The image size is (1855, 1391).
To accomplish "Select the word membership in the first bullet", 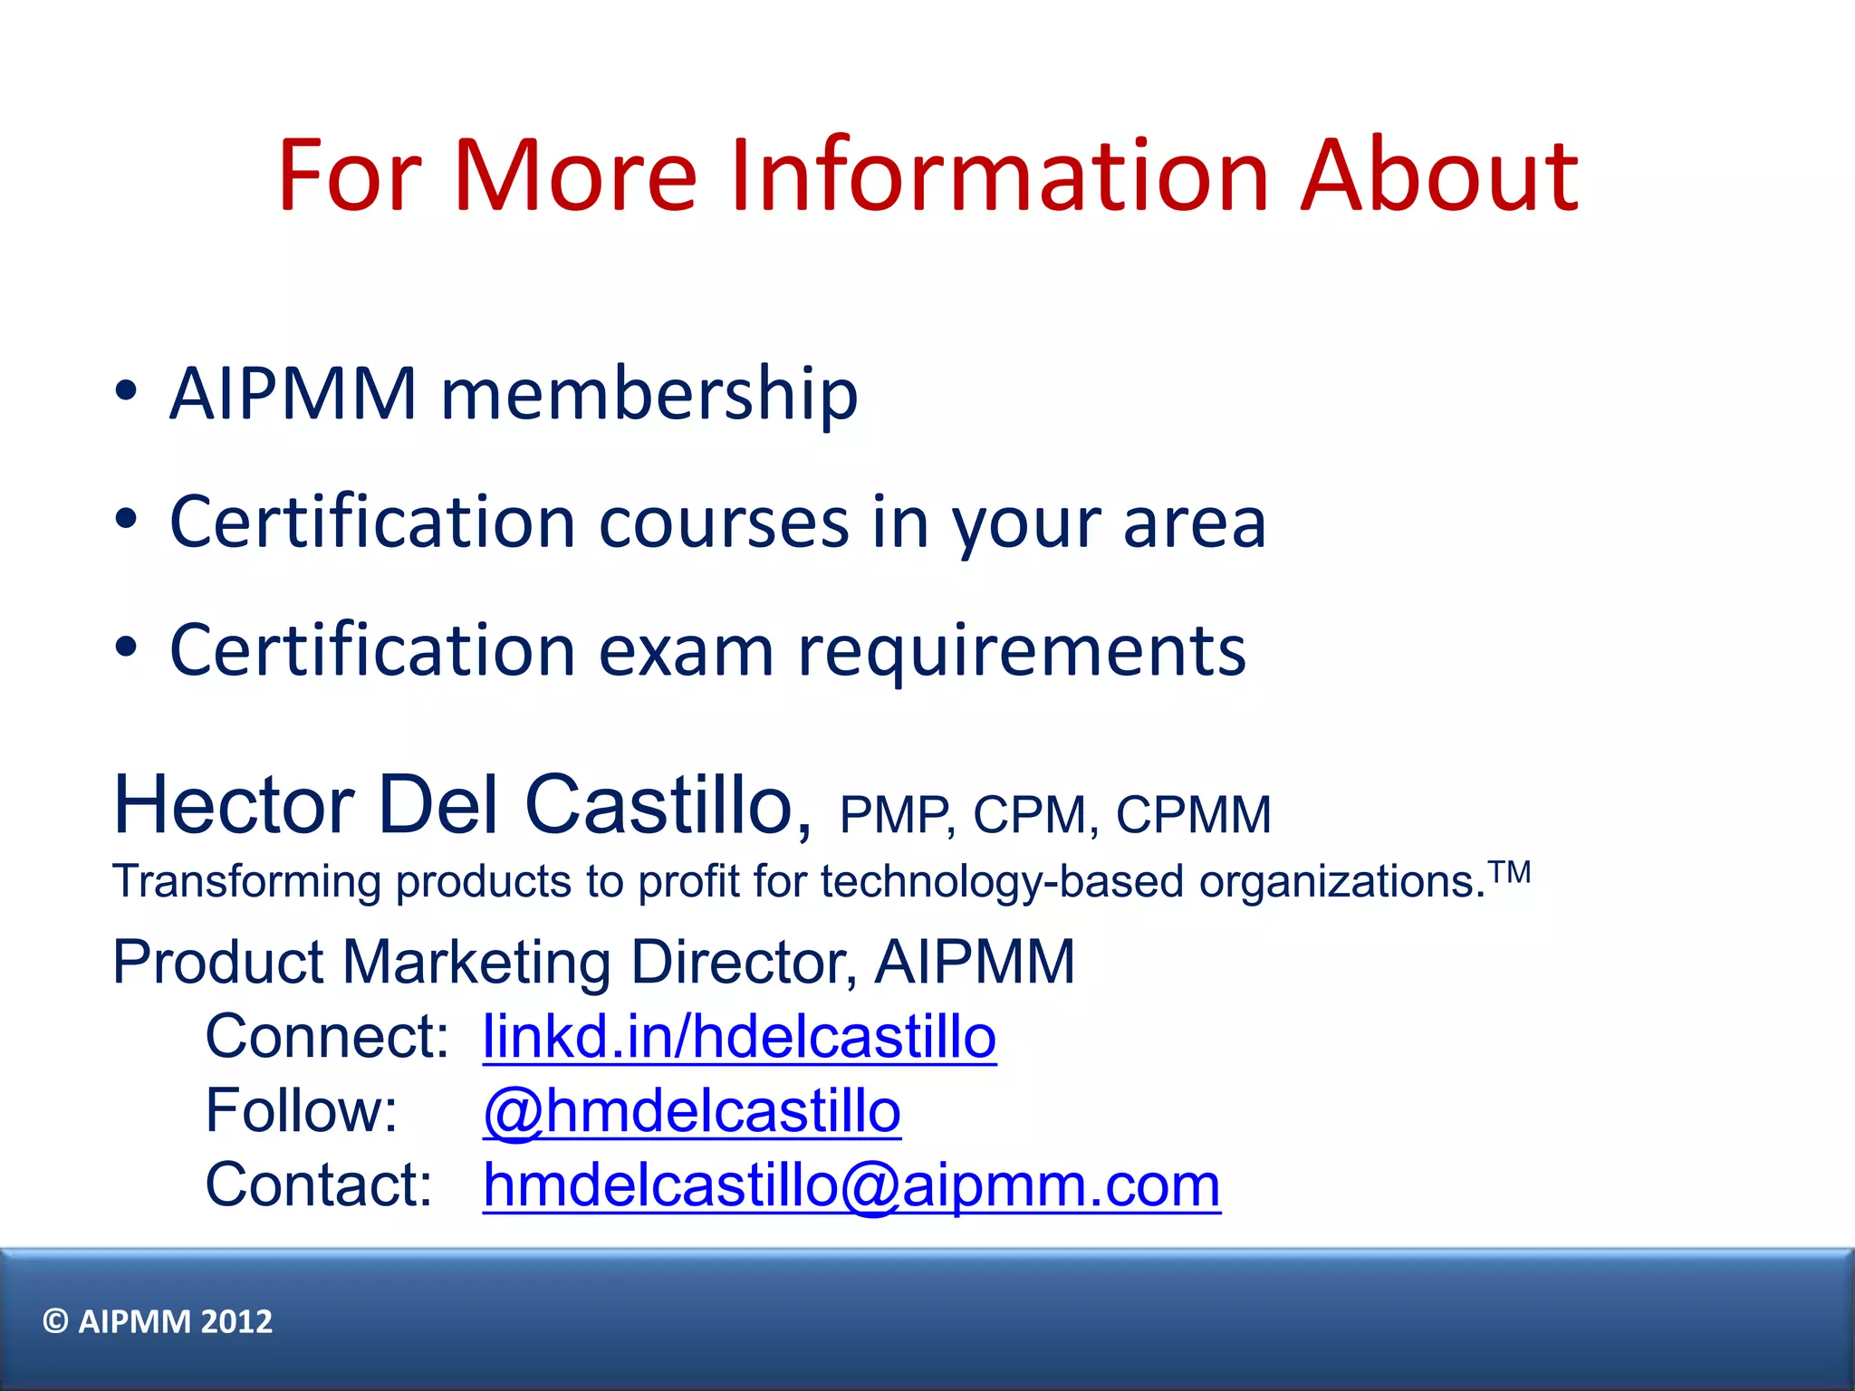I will coord(649,395).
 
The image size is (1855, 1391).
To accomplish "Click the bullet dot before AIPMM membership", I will coord(127,391).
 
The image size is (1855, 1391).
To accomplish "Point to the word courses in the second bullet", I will coord(724,523).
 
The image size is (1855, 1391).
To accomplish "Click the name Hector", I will coord(234,805).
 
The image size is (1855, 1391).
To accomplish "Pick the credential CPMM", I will coord(1193,815).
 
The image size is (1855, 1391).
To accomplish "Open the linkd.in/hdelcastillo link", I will coord(739,1037).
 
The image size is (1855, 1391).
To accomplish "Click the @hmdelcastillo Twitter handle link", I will coord(692,1111).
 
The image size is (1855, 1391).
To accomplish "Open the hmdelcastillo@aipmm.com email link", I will coord(851,1185).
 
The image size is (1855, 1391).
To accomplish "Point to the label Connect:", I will coord(327,1037).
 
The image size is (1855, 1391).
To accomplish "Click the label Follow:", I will coord(302,1111).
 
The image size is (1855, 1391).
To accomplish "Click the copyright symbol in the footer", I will coord(55,1322).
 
